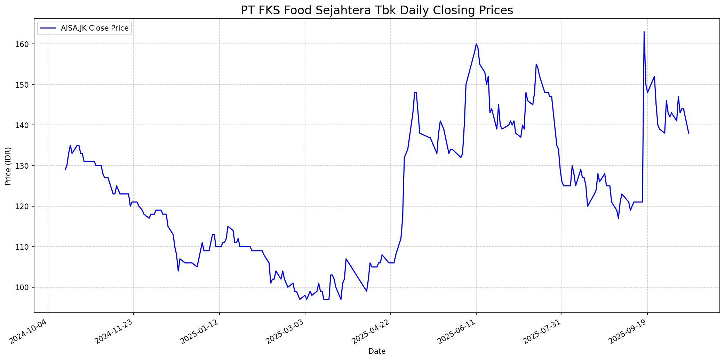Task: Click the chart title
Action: pos(377,10)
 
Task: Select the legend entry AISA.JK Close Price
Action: pos(95,28)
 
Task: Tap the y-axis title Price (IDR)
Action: pos(8,166)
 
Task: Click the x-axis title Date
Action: pos(377,351)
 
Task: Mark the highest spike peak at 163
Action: pos(644,32)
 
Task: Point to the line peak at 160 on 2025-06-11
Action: pos(476,44)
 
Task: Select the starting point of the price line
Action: pos(65,170)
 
